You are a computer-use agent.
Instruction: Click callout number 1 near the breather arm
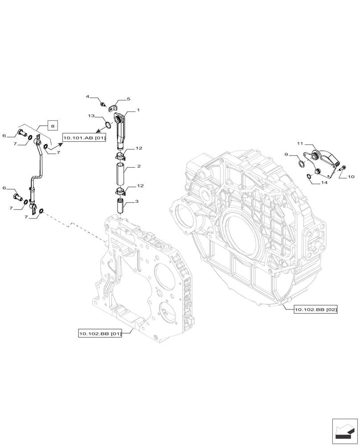[139, 110]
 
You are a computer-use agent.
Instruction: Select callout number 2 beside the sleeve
[139, 166]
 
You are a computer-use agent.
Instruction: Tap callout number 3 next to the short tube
[136, 202]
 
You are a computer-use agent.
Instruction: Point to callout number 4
[88, 96]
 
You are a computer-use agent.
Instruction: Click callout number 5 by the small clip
[128, 99]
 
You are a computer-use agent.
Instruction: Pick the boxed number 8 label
[53, 126]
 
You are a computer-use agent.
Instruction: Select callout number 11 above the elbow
[300, 144]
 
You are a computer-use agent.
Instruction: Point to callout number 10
[351, 177]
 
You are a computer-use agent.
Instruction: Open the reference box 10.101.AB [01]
[84, 138]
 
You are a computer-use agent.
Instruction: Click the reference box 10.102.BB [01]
[100, 333]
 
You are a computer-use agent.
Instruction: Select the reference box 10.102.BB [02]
[315, 309]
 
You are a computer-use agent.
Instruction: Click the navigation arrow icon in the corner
[344, 431]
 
